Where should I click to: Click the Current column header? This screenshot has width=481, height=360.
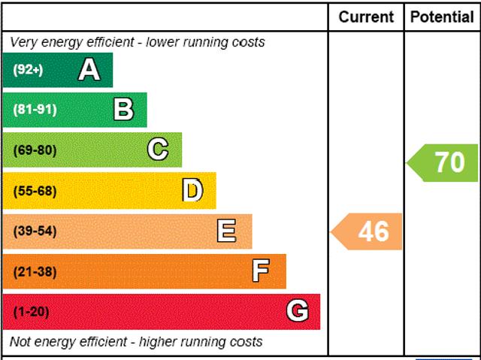[x=366, y=17]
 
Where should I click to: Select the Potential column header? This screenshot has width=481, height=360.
[x=442, y=17]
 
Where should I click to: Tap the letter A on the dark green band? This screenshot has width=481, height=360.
[x=89, y=70]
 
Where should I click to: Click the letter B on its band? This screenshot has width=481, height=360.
[x=123, y=110]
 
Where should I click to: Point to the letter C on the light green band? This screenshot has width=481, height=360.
[x=158, y=150]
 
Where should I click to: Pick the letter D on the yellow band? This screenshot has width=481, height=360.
[x=193, y=191]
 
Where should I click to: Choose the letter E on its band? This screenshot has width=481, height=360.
[x=226, y=231]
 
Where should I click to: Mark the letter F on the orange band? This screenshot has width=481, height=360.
[x=261, y=271]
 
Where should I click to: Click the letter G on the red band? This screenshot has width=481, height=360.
[x=298, y=311]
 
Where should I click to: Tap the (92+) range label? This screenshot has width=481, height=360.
[x=29, y=70]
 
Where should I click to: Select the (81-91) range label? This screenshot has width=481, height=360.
[x=35, y=110]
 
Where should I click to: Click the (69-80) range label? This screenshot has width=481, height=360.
[x=35, y=150]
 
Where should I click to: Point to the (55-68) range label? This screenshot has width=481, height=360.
[x=35, y=191]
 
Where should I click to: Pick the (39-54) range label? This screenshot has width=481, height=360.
[x=35, y=231]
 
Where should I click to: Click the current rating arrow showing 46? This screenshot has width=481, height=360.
[x=368, y=231]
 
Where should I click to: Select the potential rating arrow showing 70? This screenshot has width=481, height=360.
[x=444, y=162]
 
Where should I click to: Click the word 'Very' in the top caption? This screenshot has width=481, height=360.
[x=23, y=42]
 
